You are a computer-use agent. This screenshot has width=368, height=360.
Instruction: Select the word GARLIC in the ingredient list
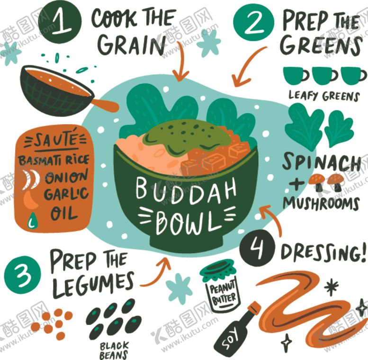click(66, 194)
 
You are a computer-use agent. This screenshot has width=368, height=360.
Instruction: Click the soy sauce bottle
click(237, 329)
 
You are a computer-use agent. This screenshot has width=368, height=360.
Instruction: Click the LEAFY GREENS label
click(324, 96)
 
